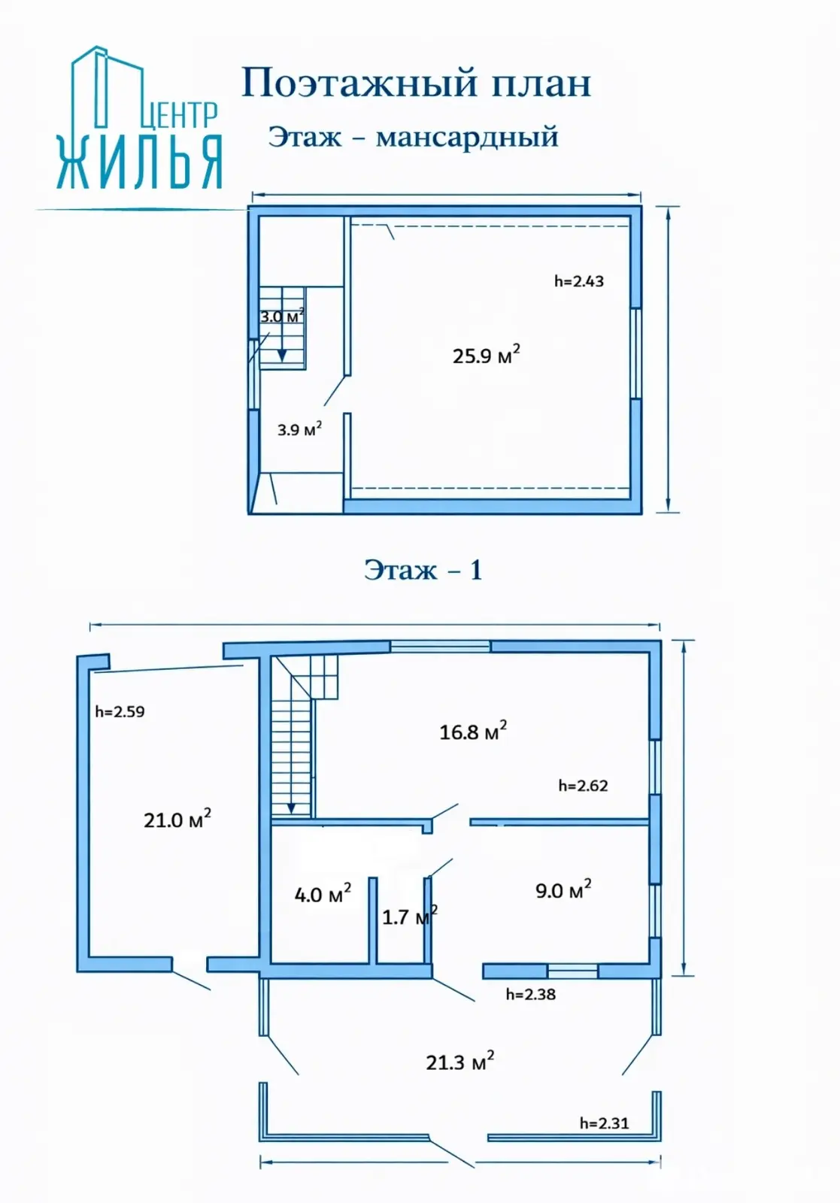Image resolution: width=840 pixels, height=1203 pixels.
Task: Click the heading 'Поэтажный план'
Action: (417, 83)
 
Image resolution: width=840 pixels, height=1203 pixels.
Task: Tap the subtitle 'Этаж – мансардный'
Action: (414, 137)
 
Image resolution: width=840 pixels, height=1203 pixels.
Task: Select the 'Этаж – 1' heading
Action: (423, 570)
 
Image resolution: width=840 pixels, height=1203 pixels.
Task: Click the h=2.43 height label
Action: (579, 281)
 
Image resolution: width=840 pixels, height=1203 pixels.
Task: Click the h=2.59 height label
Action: (120, 711)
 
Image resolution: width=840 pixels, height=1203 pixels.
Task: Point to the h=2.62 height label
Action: (584, 786)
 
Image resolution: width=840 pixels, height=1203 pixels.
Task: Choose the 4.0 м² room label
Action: (323, 894)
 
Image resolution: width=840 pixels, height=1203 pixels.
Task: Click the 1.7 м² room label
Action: (409, 916)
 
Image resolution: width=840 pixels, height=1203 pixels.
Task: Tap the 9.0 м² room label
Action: (563, 890)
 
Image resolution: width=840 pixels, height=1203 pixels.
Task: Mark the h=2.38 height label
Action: (531, 994)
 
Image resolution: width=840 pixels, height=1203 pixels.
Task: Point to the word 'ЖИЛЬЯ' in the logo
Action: (140, 162)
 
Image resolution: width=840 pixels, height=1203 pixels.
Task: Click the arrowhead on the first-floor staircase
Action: (291, 808)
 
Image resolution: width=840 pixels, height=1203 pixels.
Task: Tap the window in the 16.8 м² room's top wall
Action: (440, 646)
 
